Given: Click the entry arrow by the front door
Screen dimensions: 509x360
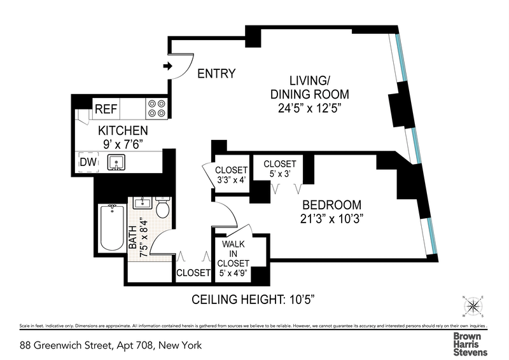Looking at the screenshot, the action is [x=168, y=66].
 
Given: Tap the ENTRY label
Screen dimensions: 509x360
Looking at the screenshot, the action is [x=216, y=74].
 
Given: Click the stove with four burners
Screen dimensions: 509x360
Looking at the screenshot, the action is [x=157, y=109].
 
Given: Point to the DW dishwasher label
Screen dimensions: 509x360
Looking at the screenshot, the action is [x=88, y=163].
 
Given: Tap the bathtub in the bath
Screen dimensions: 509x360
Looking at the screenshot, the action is [x=113, y=230].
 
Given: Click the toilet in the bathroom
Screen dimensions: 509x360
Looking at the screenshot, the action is [x=162, y=207].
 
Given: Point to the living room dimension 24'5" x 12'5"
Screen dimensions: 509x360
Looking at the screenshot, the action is [x=314, y=108].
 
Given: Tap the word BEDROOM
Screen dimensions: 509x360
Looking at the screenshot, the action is [x=331, y=205].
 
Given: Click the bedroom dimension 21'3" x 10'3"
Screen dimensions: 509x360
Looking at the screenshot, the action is [x=331, y=219].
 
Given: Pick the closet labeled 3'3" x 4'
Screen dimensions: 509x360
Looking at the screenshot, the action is [x=230, y=175].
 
